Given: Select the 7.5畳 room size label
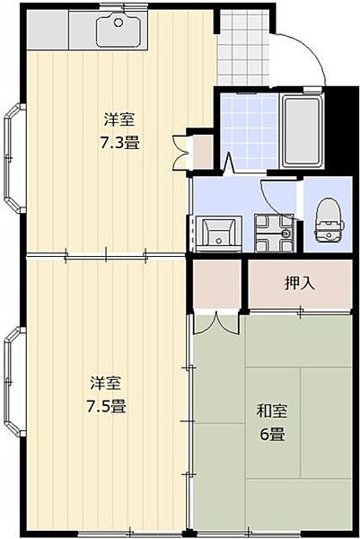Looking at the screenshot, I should coord(107,405).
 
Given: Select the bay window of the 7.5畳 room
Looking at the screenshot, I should coord(12,382).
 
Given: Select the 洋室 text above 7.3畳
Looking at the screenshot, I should coord(119,119).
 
